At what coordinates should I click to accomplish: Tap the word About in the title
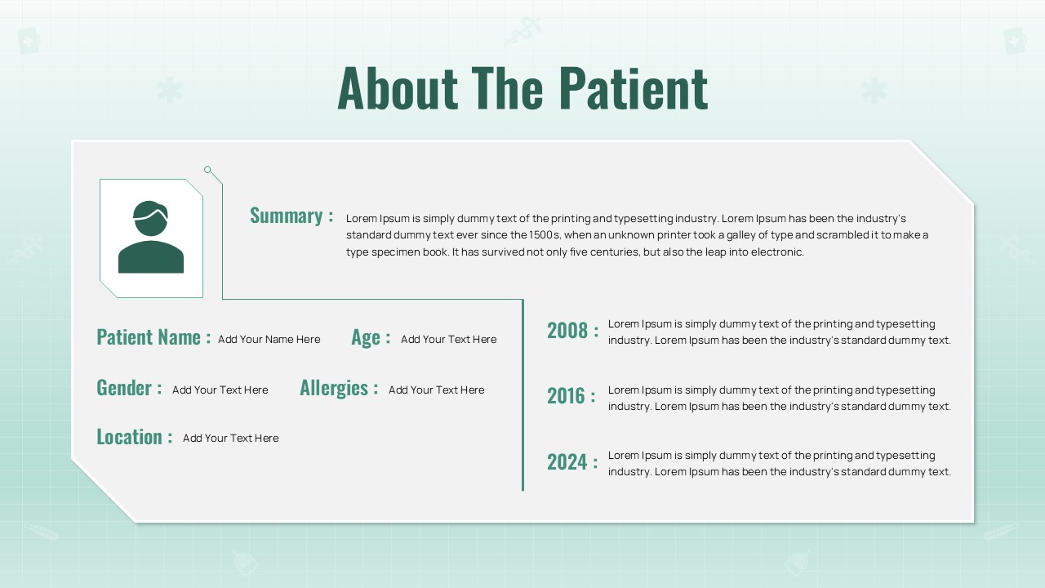pyautogui.click(x=398, y=89)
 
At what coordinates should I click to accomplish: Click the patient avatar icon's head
pyautogui.click(x=150, y=218)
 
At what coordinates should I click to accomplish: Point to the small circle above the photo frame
pyautogui.click(x=207, y=169)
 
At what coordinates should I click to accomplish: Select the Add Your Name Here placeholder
pyautogui.click(x=269, y=339)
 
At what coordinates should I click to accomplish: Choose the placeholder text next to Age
pyautogui.click(x=449, y=339)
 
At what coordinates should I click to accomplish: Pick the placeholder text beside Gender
pyautogui.click(x=220, y=390)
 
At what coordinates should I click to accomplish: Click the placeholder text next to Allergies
pyautogui.click(x=437, y=390)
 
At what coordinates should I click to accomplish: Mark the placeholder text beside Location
pyautogui.click(x=231, y=439)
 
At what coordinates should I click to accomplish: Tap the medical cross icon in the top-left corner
pyautogui.click(x=29, y=41)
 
